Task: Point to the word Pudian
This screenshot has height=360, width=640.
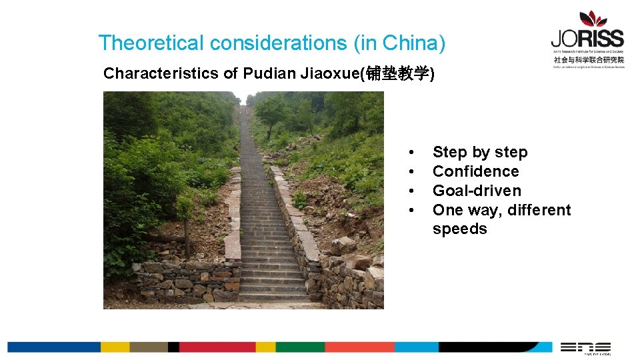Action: tap(265, 73)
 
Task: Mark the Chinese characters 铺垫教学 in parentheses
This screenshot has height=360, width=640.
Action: tap(397, 73)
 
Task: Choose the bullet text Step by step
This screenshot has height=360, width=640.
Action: tap(480, 152)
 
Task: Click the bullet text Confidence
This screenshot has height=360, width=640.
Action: tap(475, 171)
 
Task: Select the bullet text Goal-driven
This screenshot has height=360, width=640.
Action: tap(477, 191)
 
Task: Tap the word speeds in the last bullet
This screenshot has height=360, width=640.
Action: tap(459, 229)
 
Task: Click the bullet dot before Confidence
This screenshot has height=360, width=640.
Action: tap(413, 172)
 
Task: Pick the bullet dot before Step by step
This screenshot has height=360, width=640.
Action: tap(413, 153)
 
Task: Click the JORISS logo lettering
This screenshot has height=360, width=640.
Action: tap(587, 38)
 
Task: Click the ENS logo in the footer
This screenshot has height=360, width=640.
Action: tap(585, 347)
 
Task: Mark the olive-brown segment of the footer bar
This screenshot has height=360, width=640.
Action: tap(149, 347)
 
